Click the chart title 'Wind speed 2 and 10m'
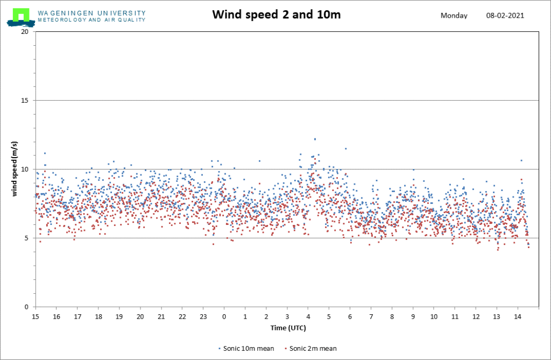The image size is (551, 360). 276,15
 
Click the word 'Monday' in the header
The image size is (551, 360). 454,16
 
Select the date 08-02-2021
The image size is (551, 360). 505,16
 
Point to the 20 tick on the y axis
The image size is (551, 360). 25,32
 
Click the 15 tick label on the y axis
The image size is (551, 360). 25,101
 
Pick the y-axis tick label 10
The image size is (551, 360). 25,170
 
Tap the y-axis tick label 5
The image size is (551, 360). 26,238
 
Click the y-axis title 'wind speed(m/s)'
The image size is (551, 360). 14,169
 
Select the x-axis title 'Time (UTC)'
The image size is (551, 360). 288,328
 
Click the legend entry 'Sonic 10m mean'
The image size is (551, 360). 246,348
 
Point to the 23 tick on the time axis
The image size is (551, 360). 203,317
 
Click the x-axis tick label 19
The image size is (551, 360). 119,317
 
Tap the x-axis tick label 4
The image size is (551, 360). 308,317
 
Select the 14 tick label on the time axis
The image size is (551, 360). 518,317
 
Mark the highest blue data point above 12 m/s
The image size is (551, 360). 315,139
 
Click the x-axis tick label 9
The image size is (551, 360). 413,317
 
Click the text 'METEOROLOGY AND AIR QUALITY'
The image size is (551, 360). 91,20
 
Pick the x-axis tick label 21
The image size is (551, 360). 161,317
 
